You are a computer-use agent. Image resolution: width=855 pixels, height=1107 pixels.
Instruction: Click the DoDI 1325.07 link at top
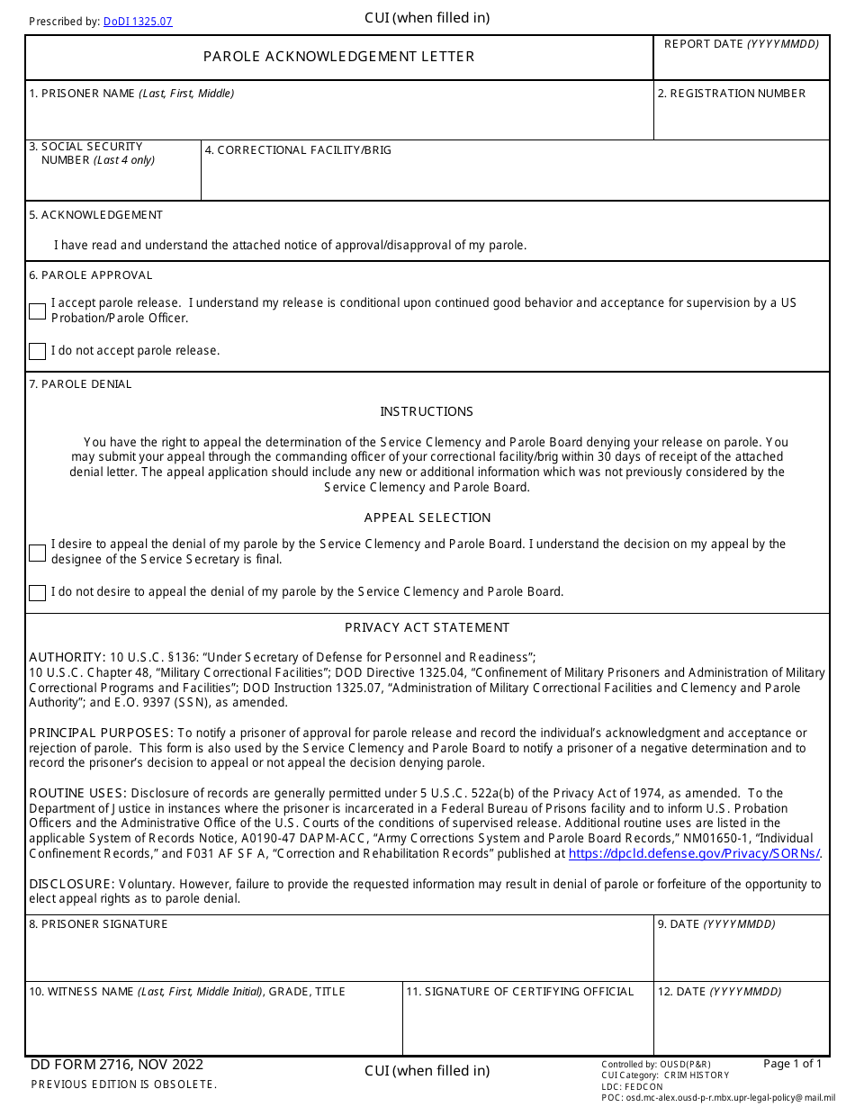pos(138,22)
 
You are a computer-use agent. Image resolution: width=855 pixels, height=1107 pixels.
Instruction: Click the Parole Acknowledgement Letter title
pos(338,57)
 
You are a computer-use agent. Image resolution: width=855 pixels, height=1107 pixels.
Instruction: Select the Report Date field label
pos(741,44)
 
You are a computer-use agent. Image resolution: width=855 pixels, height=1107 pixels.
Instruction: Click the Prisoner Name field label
pos(131,94)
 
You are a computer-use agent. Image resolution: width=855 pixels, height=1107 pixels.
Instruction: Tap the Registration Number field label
pos(731,94)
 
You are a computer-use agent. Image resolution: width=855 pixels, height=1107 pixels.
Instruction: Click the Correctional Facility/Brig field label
pos(298,150)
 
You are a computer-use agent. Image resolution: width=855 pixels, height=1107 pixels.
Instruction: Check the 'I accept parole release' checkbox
pos(37,311)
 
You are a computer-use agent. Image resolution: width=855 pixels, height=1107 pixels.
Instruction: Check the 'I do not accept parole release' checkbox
pos(37,351)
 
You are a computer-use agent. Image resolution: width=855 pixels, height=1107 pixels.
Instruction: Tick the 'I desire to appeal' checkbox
pos(37,553)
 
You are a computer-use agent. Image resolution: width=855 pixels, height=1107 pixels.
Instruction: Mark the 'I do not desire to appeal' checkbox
pos(37,592)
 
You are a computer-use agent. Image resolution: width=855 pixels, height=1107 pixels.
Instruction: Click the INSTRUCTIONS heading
pos(427,411)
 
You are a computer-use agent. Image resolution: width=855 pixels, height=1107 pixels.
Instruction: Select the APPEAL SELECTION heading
pos(427,517)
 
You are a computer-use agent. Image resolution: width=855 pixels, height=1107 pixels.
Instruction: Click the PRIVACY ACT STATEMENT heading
pos(427,627)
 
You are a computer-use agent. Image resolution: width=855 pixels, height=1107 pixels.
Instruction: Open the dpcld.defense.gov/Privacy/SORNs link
pos(694,853)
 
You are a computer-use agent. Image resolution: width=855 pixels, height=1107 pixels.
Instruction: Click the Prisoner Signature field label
pos(98,924)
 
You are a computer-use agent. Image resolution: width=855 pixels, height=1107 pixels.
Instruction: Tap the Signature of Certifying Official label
pos(520,992)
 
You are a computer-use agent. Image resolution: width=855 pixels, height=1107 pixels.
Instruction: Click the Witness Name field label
pos(186,992)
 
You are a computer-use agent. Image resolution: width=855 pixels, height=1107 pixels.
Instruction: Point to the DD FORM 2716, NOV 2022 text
pos(117,1065)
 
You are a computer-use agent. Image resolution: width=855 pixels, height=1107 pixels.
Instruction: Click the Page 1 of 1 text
pos(792,1064)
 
